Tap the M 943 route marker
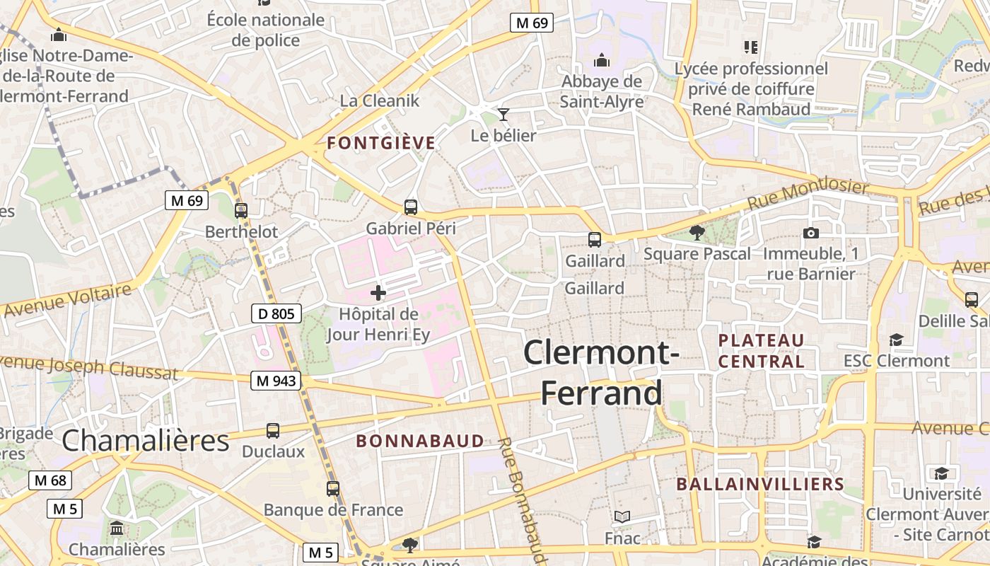click(276, 381)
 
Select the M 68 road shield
click(50, 481)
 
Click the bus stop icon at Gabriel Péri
click(411, 207)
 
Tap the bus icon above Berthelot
click(241, 210)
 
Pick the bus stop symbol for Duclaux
click(273, 430)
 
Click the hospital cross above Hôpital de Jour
click(378, 292)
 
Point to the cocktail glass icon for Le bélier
click(503, 114)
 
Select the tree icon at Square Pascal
click(697, 233)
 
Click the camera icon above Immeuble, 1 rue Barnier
click(811, 233)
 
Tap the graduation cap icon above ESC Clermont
click(896, 340)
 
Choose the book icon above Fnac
click(622, 517)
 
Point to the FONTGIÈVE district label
click(381, 143)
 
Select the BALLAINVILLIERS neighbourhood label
click(760, 484)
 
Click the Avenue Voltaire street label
click(67, 299)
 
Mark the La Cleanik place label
click(380, 100)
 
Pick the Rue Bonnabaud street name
click(520, 499)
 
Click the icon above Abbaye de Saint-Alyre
click(602, 60)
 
